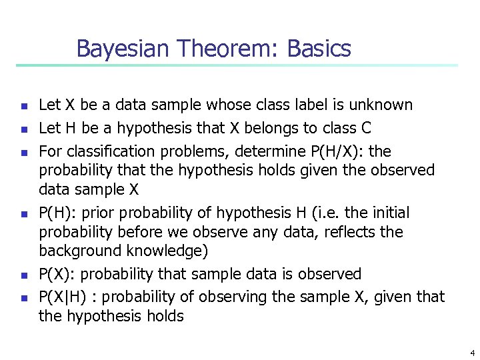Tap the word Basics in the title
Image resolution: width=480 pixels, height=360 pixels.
(x=319, y=49)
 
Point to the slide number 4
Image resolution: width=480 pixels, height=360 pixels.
(x=472, y=353)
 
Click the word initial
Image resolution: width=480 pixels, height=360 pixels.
(x=387, y=213)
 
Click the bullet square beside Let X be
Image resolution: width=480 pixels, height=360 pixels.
(x=22, y=106)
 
